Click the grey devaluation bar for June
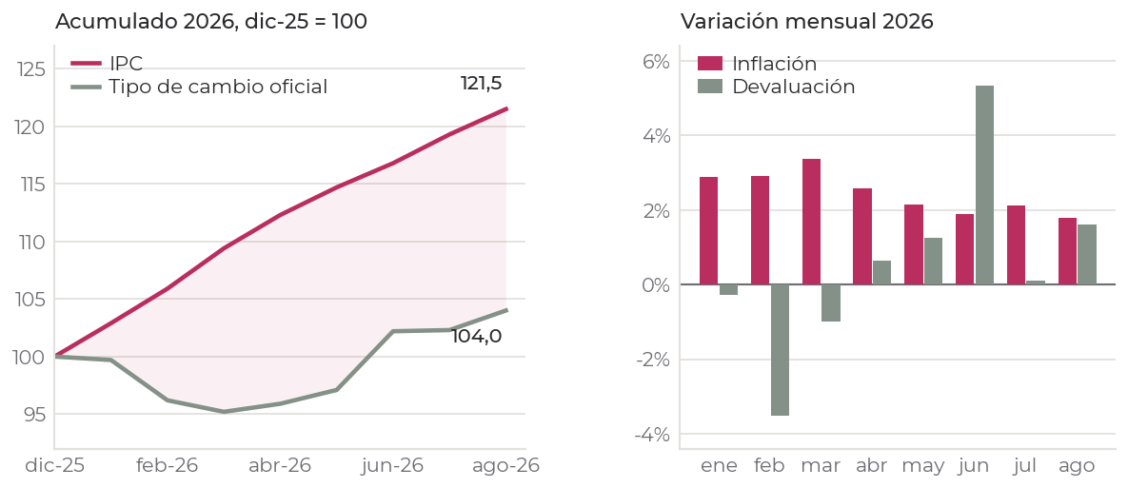click(984, 185)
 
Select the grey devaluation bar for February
click(780, 350)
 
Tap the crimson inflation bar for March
click(811, 222)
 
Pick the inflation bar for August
click(1067, 251)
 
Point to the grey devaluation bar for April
click(882, 272)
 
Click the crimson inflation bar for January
click(708, 231)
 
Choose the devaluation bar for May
click(933, 261)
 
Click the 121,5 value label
click(482, 84)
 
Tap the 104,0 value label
click(476, 337)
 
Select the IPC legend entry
click(107, 63)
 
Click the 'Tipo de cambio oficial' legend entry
click(199, 87)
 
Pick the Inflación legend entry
click(758, 63)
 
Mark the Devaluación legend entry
click(777, 87)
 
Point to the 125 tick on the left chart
click(30, 69)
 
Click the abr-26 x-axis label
click(280, 466)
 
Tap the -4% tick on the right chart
click(652, 434)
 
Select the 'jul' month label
click(1024, 466)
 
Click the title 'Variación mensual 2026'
click(806, 22)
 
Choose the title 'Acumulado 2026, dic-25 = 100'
click(210, 22)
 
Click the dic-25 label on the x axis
click(54, 466)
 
